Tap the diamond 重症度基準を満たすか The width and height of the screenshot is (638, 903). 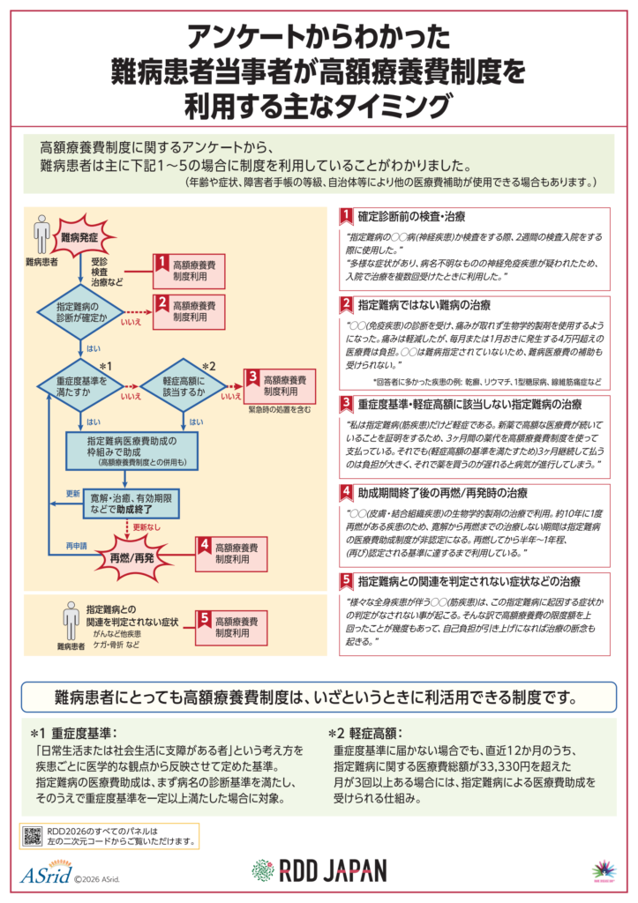86,386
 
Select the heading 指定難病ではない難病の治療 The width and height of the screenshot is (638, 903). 424,305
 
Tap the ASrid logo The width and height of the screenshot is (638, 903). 43,875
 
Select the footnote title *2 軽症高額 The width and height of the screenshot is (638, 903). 365,732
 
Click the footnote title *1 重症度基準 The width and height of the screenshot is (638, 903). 75,732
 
